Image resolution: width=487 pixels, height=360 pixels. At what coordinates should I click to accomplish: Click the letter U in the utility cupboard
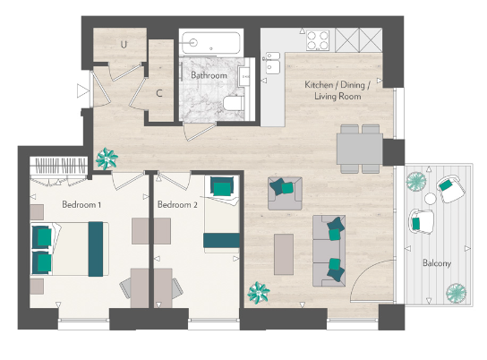pyautogui.click(x=123, y=44)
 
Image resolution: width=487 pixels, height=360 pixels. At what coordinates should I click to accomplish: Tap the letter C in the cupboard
pyautogui.click(x=158, y=91)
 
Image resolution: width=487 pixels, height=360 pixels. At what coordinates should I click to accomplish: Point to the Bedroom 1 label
pyautogui.click(x=81, y=204)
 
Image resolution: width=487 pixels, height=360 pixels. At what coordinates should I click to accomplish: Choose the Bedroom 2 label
pyautogui.click(x=176, y=204)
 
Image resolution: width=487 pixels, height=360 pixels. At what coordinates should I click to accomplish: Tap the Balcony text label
pyautogui.click(x=437, y=263)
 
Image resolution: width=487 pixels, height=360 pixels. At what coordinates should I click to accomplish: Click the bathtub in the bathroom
pyautogui.click(x=209, y=43)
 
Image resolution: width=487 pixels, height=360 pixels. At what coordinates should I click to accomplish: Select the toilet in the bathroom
pyautogui.click(x=234, y=105)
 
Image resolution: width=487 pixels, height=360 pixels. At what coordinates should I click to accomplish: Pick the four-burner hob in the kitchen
pyautogui.click(x=318, y=39)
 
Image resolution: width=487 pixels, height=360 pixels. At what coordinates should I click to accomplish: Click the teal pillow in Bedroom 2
pyautogui.click(x=221, y=187)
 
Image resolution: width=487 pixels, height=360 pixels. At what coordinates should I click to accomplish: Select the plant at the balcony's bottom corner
pyautogui.click(x=457, y=293)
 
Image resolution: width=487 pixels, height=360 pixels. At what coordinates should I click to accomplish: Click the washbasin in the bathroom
pyautogui.click(x=246, y=76)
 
